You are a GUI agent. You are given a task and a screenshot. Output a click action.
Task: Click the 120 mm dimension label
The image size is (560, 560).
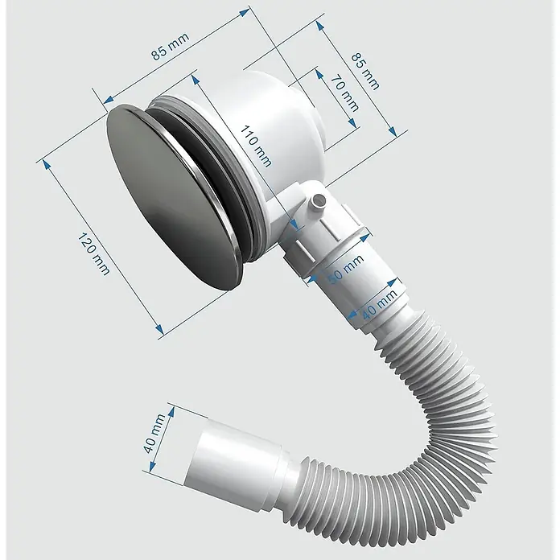click(x=93, y=253)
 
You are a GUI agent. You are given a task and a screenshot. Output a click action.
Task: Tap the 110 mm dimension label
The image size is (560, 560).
click(x=255, y=146)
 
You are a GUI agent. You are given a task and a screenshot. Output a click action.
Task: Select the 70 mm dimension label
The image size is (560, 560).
click(x=344, y=93)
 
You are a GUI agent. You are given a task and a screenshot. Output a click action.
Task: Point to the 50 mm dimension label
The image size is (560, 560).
click(x=345, y=269)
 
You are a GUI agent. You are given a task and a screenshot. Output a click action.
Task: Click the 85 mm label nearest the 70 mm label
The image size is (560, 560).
click(x=365, y=72)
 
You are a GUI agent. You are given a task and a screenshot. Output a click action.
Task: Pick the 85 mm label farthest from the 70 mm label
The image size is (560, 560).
click(x=170, y=47)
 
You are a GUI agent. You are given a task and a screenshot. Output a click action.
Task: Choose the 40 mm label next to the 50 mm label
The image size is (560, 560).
click(x=379, y=304)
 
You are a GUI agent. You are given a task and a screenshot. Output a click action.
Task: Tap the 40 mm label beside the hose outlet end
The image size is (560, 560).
click(x=154, y=433)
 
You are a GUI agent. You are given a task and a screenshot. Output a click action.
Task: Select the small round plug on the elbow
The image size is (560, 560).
click(x=317, y=202)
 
